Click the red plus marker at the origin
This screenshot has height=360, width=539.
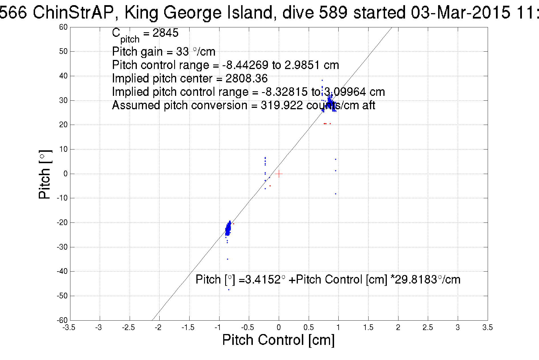(278, 174)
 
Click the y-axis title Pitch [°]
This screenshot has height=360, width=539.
(45, 174)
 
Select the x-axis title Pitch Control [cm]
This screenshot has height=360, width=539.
(278, 340)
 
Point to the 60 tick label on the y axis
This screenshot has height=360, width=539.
(63, 27)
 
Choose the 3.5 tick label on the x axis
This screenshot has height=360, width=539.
(487, 327)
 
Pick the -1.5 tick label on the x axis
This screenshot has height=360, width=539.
(188, 327)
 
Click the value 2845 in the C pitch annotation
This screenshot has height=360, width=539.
(165, 33)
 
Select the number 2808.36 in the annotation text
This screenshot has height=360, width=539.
(247, 78)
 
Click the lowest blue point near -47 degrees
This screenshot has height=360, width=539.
(229, 290)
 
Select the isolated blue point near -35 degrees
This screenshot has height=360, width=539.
(227, 259)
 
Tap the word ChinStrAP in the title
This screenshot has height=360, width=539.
(73, 13)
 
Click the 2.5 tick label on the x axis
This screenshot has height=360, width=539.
(428, 327)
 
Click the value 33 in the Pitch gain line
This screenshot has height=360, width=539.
(182, 52)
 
